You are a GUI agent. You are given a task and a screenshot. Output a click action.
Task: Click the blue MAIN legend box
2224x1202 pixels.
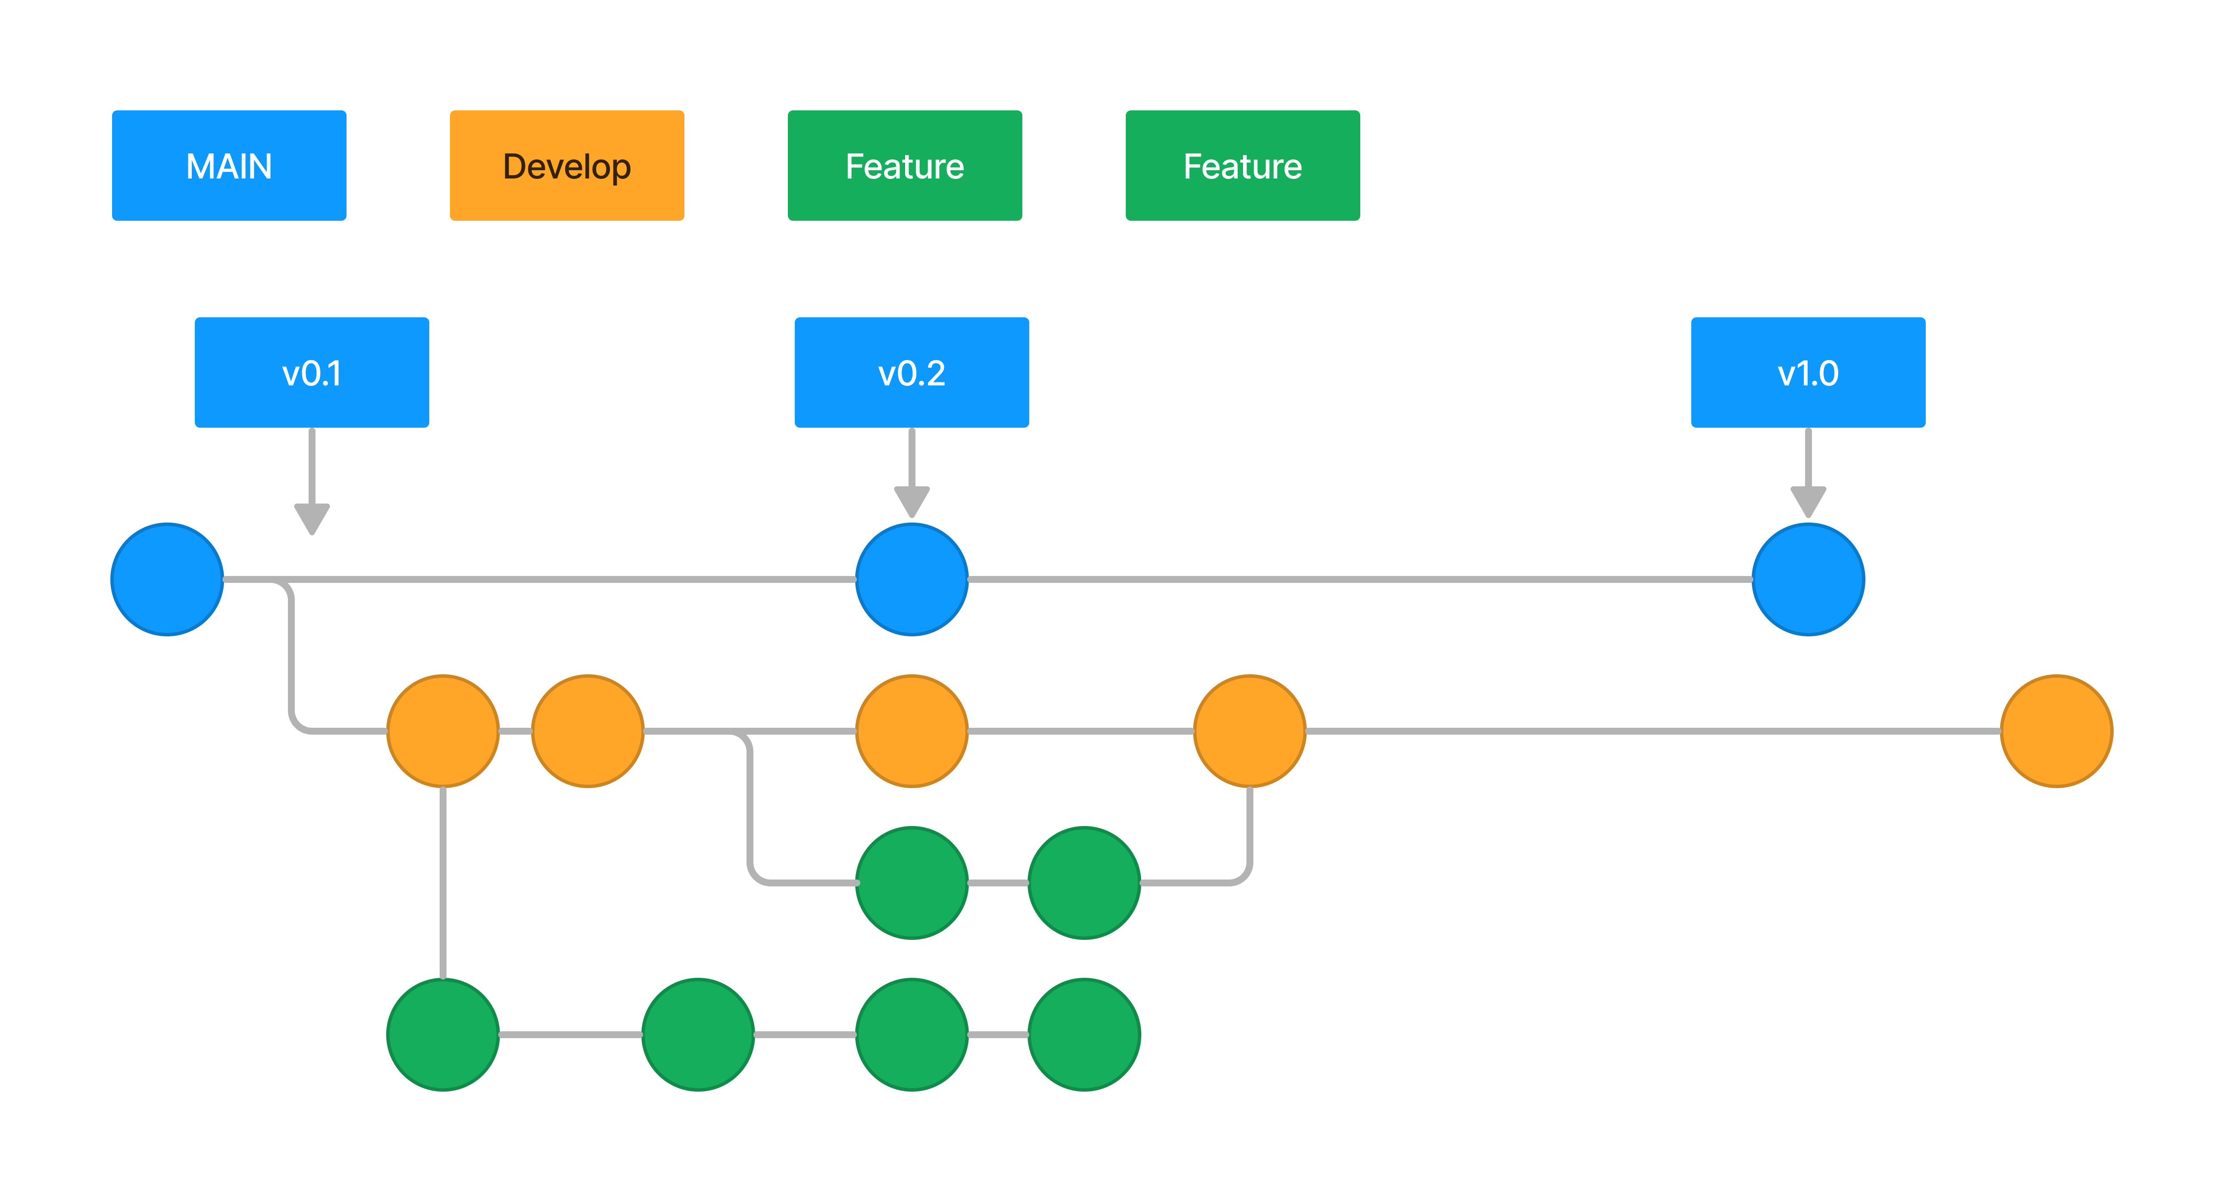click(x=229, y=166)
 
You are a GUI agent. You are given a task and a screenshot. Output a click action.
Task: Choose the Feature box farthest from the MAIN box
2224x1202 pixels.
click(x=1242, y=166)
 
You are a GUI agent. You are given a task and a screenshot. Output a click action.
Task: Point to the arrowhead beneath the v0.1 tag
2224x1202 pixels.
click(x=312, y=518)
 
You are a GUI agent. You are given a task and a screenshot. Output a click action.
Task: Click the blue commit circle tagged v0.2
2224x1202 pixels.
click(x=912, y=579)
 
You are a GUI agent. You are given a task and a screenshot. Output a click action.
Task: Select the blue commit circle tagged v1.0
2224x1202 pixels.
click(x=1808, y=579)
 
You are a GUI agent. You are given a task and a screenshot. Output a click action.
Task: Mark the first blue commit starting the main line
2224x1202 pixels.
click(x=168, y=579)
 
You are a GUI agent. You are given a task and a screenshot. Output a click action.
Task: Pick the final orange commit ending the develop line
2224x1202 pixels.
click(x=2056, y=731)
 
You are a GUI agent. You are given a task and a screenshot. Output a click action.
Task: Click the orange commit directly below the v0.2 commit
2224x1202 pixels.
click(x=912, y=731)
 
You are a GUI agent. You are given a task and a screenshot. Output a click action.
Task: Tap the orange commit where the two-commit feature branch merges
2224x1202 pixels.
click(x=1249, y=731)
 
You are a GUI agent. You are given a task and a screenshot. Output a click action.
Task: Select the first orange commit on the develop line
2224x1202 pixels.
click(x=443, y=731)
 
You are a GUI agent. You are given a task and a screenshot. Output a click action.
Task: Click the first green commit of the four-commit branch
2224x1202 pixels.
click(x=443, y=1034)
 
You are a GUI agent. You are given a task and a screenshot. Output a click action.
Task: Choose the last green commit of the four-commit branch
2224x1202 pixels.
click(x=1084, y=1034)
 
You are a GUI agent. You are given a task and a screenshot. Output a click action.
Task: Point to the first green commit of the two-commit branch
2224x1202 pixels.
click(x=912, y=883)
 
